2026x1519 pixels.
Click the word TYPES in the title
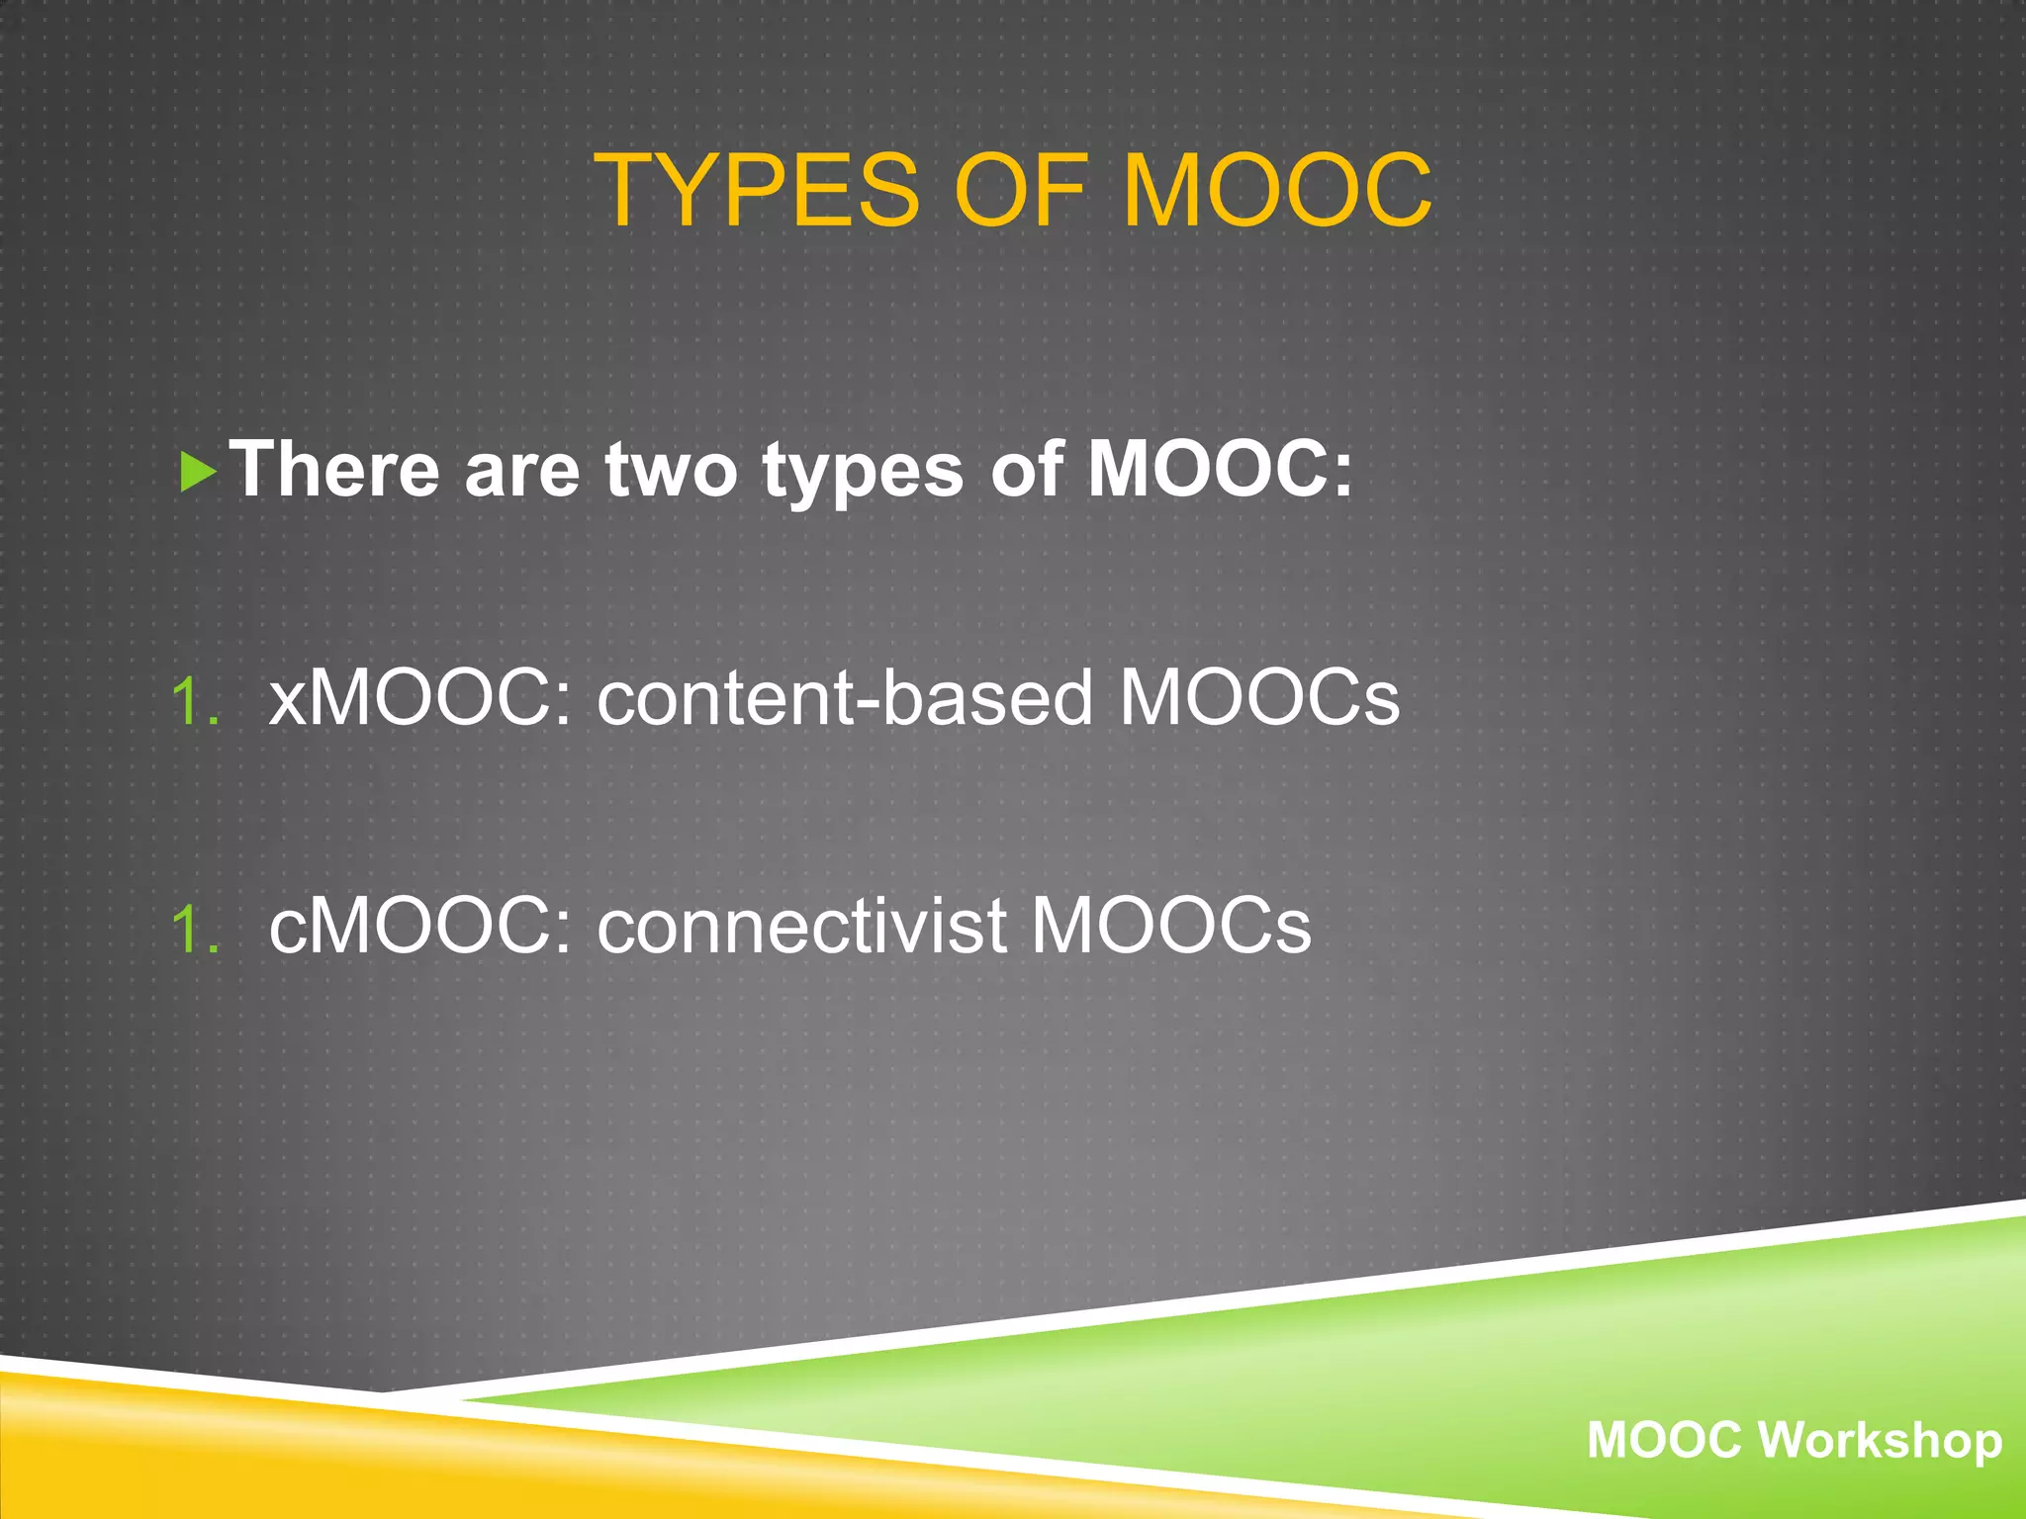[x=757, y=190]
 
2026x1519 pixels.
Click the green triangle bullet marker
[x=199, y=473]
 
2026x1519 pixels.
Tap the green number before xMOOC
[x=195, y=702]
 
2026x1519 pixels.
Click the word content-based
[x=845, y=698]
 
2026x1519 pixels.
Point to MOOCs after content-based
[x=1259, y=698]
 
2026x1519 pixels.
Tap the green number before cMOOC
[x=195, y=930]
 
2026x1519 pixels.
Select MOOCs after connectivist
[x=1171, y=926]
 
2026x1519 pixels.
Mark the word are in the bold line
[x=521, y=471]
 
